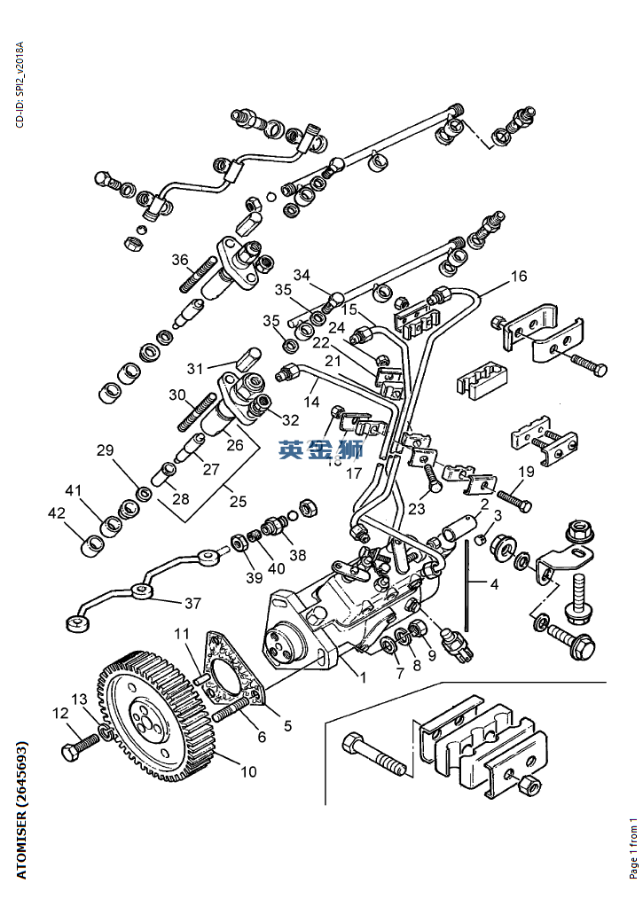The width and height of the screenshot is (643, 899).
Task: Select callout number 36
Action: click(180, 260)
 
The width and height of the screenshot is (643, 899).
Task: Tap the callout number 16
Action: click(518, 278)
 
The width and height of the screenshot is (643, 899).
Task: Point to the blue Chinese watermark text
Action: click(321, 449)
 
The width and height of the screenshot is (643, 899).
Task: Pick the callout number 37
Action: click(192, 604)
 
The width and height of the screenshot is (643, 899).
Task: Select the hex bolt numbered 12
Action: click(74, 749)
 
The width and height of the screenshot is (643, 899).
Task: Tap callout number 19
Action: click(526, 472)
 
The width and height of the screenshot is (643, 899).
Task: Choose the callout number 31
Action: click(195, 367)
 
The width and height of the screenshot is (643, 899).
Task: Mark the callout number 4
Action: click(493, 583)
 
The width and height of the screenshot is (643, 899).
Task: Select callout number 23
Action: click(418, 509)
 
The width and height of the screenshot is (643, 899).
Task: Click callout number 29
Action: click(106, 450)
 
